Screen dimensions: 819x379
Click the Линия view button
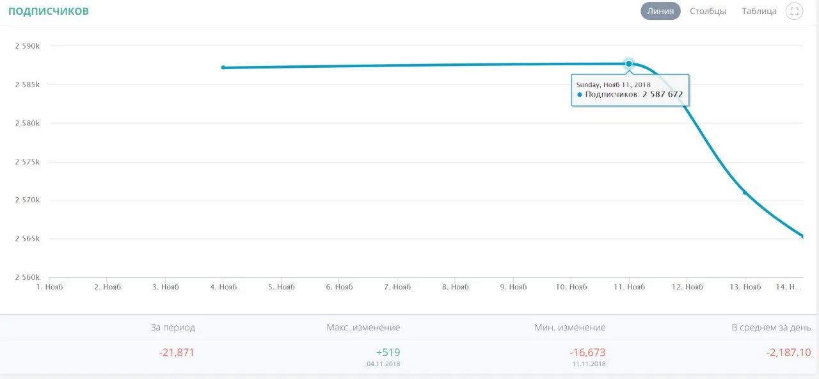[660, 11]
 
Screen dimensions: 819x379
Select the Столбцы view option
[708, 11]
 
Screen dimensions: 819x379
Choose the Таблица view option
[759, 11]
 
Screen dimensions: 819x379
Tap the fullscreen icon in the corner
[794, 11]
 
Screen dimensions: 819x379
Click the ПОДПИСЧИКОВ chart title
[49, 11]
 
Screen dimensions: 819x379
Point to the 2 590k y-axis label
[28, 45]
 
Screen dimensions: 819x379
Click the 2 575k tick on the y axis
[28, 162]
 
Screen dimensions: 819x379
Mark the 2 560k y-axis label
[28, 277]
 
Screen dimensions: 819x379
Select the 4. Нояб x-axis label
[223, 287]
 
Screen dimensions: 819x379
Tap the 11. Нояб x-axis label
[629, 287]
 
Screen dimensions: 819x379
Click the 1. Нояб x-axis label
[49, 287]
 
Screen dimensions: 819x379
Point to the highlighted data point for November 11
[629, 63]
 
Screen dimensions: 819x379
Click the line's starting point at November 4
[223, 67]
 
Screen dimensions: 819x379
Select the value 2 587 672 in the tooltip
[662, 94]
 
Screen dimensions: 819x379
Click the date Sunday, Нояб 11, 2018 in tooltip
[614, 85]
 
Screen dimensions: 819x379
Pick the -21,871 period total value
[177, 352]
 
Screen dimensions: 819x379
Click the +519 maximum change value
[388, 352]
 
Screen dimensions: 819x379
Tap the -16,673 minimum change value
[587, 352]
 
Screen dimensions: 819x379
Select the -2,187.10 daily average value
[789, 352]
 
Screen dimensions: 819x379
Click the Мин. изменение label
[570, 327]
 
